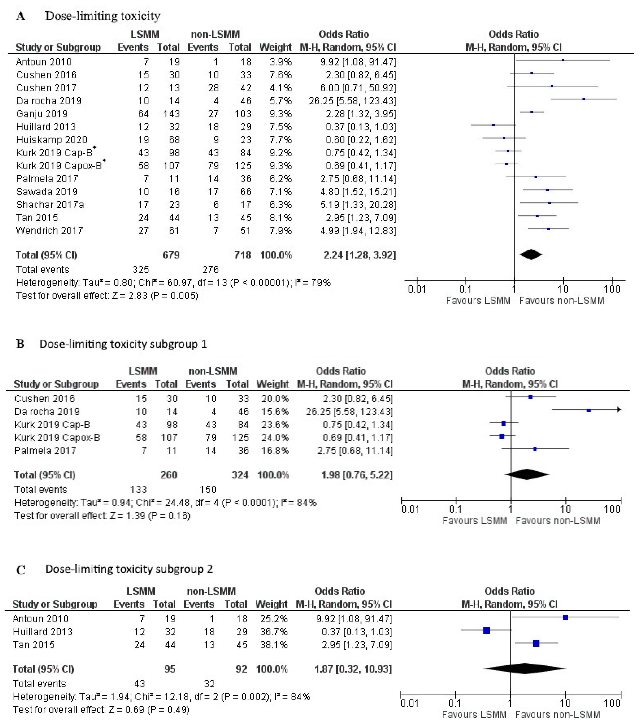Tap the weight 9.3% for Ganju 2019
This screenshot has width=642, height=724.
280,114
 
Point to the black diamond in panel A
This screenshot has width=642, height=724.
531,254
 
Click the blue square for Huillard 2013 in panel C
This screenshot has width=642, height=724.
486,630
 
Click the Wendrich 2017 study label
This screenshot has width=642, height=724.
49,231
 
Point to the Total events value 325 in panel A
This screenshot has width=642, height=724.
141,270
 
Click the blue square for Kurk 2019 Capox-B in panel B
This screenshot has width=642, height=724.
501,436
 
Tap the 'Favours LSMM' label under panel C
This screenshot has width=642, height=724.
474,715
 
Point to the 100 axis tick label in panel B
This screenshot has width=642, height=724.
612,509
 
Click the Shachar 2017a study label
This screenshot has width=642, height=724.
50,205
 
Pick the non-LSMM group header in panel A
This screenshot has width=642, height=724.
215,34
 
